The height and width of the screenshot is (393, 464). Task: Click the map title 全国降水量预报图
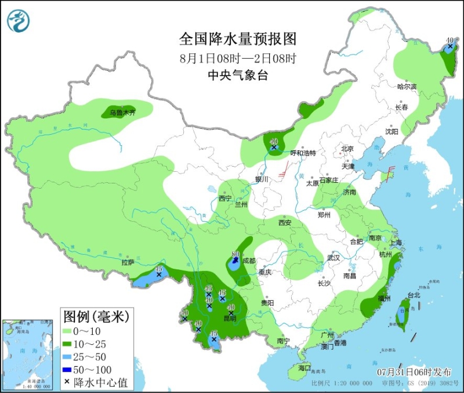(238, 39)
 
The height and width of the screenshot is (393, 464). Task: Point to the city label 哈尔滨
(407, 86)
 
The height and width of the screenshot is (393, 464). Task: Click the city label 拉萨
(128, 262)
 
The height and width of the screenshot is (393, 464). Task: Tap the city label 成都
(249, 261)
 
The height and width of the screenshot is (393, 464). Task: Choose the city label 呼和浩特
(303, 153)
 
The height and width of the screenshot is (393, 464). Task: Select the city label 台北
(414, 295)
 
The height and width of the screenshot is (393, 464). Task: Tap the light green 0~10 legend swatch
(73, 331)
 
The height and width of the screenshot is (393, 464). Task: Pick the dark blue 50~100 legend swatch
(73, 370)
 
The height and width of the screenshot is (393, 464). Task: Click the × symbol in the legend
(68, 383)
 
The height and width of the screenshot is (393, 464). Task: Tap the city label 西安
(284, 223)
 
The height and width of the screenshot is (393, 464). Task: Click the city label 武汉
(333, 257)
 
